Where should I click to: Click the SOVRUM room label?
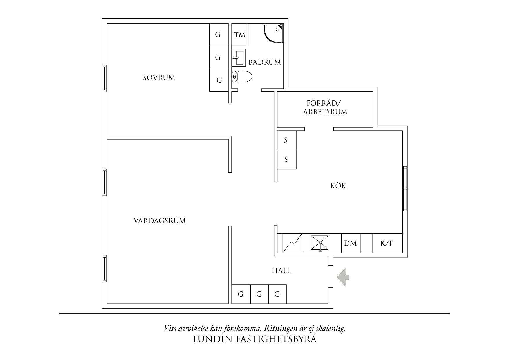[159, 78]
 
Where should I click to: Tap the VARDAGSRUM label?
[160, 221]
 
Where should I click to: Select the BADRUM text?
[265, 62]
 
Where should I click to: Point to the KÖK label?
[338, 186]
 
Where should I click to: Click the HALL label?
[281, 271]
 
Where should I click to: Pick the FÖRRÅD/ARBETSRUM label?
[325, 108]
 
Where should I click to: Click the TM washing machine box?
[240, 35]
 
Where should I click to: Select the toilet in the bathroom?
[242, 77]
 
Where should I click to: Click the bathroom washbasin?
[239, 57]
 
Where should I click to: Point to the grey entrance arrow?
[343, 277]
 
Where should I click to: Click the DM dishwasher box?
[351, 243]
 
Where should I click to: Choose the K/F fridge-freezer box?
[387, 243]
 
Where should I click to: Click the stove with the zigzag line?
[292, 243]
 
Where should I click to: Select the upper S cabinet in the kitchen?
[287, 140]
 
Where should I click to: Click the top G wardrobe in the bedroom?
[219, 35]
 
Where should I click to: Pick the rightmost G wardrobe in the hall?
[277, 294]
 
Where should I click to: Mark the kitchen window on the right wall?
[405, 189]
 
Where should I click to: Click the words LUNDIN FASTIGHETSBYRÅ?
[255, 339]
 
